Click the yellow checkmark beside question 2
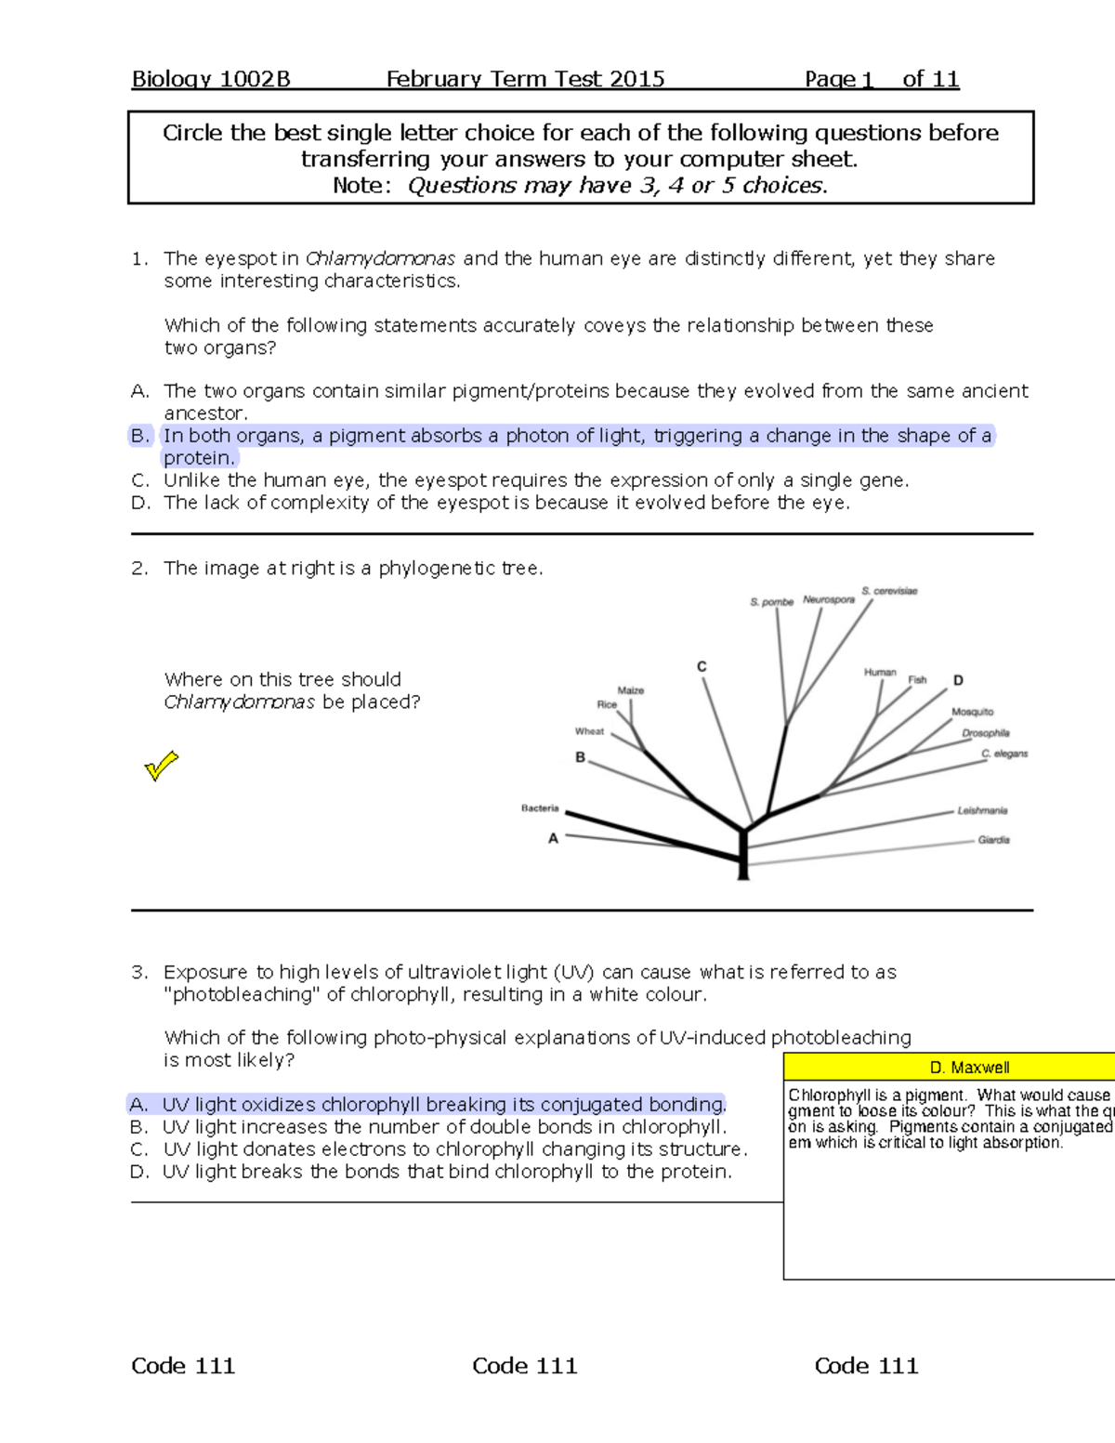(161, 766)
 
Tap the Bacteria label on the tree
(540, 808)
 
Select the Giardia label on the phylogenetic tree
(993, 840)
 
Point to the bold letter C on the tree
(702, 667)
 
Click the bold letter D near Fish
(958, 680)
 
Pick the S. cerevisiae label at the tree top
(889, 591)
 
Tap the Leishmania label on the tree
(982, 811)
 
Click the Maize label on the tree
(631, 690)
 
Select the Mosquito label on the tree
(972, 712)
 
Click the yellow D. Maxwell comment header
(968, 1068)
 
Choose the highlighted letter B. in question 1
(140, 436)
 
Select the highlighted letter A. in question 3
(138, 1105)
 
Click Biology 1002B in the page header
(211, 79)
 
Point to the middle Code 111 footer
(524, 1366)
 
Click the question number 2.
(139, 569)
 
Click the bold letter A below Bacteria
(553, 838)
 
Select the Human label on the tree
(879, 672)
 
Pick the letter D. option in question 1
(140, 503)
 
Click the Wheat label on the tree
(589, 731)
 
